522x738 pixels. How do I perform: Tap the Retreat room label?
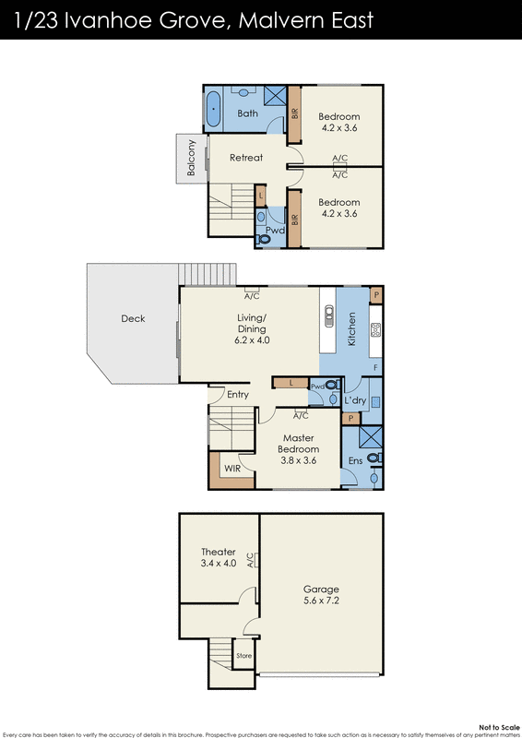(x=246, y=158)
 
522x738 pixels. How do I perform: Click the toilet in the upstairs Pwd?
(x=265, y=237)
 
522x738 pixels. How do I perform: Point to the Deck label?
(x=133, y=319)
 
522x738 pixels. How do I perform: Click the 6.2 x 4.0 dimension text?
(x=251, y=340)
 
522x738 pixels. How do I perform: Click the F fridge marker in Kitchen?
(x=375, y=367)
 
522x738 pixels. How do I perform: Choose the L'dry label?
(x=355, y=401)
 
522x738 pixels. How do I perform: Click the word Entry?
(x=238, y=395)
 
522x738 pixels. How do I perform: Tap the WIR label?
(x=231, y=468)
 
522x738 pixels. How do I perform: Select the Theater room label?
(x=218, y=552)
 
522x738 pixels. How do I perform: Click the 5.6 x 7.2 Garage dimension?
(x=321, y=600)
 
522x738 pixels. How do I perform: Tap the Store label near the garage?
(x=243, y=656)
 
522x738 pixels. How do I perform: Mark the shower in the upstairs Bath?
(x=274, y=97)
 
